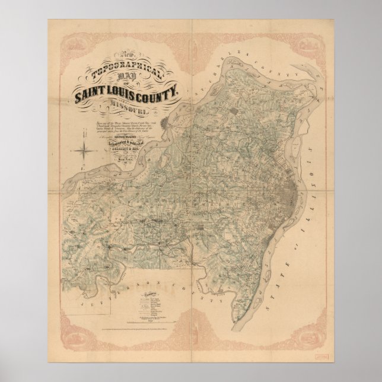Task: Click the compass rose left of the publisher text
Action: click(87, 145)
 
